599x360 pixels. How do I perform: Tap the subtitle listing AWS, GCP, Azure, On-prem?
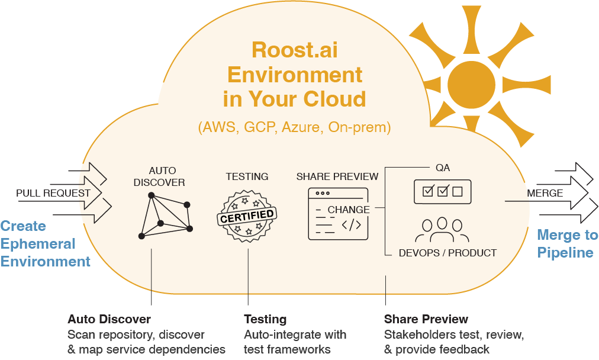294,127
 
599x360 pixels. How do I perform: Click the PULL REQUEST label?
53,193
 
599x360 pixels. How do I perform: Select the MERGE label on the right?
545,193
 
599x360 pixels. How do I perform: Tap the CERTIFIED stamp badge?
247,216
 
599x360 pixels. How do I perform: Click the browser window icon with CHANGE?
338,214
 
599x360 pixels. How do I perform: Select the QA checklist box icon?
442,191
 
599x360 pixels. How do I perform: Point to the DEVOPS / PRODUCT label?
447,253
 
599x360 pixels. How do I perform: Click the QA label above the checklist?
442,168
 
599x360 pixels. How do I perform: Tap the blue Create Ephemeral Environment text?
45,243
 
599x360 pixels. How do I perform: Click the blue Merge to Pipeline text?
566,243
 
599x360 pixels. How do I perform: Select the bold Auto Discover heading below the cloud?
109,320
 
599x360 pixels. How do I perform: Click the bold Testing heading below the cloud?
265,320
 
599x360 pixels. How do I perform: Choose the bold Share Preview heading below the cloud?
426,320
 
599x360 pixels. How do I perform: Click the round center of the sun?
471,83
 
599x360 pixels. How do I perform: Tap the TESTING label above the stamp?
247,176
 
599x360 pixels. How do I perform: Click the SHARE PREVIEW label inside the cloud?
337,176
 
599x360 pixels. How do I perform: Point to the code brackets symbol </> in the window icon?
352,225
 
